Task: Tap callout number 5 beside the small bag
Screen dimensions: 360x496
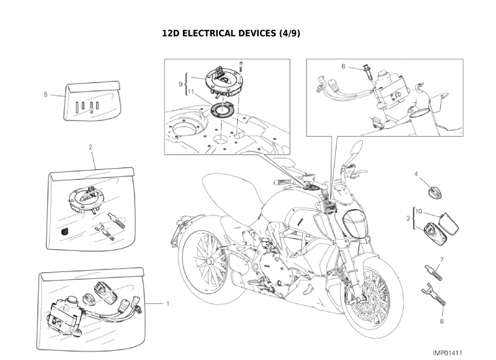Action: pos(46,95)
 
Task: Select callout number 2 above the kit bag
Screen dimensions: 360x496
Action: pos(91,147)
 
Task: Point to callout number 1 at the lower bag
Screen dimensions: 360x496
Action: pos(168,303)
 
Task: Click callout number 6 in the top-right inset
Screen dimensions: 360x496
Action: pos(344,66)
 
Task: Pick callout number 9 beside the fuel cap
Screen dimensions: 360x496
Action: pos(181,83)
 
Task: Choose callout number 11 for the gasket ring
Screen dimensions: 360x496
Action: pos(191,92)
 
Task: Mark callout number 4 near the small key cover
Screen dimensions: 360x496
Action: pos(416,174)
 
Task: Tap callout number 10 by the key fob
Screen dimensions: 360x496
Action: pos(419,211)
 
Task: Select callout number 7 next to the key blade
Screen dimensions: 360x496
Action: pos(441,260)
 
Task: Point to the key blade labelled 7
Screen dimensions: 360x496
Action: pos(431,270)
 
